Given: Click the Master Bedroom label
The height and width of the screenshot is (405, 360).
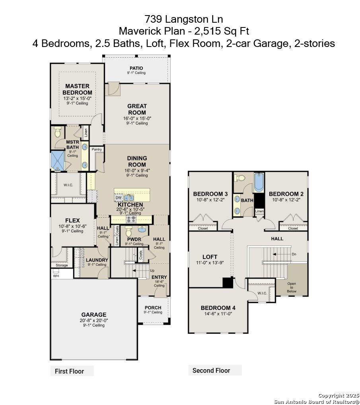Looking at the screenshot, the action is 77,90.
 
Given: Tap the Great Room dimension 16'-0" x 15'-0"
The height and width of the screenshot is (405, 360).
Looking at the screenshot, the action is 137,119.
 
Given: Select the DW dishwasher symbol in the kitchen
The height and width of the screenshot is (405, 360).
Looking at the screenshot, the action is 119,198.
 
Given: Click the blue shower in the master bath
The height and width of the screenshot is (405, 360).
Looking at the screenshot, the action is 57,161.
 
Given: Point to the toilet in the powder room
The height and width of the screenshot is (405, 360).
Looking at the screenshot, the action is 128,232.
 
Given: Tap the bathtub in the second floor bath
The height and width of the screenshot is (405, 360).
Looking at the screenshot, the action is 259,183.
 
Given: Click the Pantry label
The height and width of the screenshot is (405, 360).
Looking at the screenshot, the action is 97,149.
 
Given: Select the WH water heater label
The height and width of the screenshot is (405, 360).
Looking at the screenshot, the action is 56,276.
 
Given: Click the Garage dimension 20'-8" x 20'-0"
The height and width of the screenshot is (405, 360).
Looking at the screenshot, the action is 94,320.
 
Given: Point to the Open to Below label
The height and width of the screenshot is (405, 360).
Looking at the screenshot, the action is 292,288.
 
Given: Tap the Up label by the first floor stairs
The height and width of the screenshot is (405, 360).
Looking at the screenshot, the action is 152,271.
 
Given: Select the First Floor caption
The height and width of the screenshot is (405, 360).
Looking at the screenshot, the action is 70,372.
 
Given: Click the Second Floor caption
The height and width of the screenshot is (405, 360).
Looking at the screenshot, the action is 211,371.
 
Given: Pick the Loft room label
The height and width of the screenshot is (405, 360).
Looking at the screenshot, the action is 210,257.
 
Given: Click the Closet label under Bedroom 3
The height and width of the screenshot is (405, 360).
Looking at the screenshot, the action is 203,228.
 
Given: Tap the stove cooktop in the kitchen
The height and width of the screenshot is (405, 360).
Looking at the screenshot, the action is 131,219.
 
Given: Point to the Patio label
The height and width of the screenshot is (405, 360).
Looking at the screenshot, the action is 136,68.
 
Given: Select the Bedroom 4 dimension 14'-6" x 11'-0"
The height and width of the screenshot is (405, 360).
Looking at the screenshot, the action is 218,314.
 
